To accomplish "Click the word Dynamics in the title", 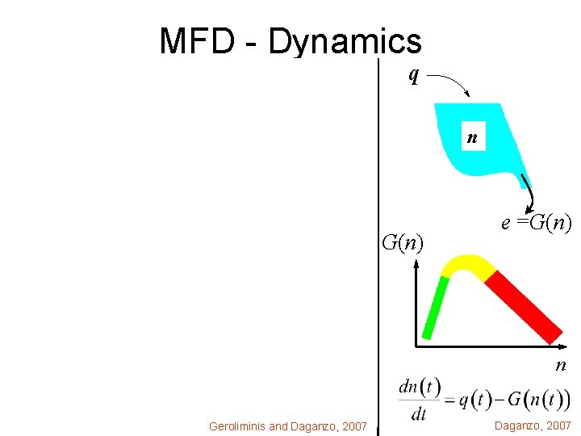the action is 345,41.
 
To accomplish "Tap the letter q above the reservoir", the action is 413,75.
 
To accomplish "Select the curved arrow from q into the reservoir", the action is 455,82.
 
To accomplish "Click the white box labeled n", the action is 472,138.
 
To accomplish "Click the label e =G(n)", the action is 536,223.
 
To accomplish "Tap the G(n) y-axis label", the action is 403,241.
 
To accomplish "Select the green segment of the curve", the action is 435,307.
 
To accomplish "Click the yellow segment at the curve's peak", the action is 466,265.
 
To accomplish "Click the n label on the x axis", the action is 560,366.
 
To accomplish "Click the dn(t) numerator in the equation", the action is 420,387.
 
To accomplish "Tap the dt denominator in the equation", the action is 419,415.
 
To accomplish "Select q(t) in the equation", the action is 475,400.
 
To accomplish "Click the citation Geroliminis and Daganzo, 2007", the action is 288,426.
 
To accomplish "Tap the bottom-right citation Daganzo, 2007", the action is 533,426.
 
